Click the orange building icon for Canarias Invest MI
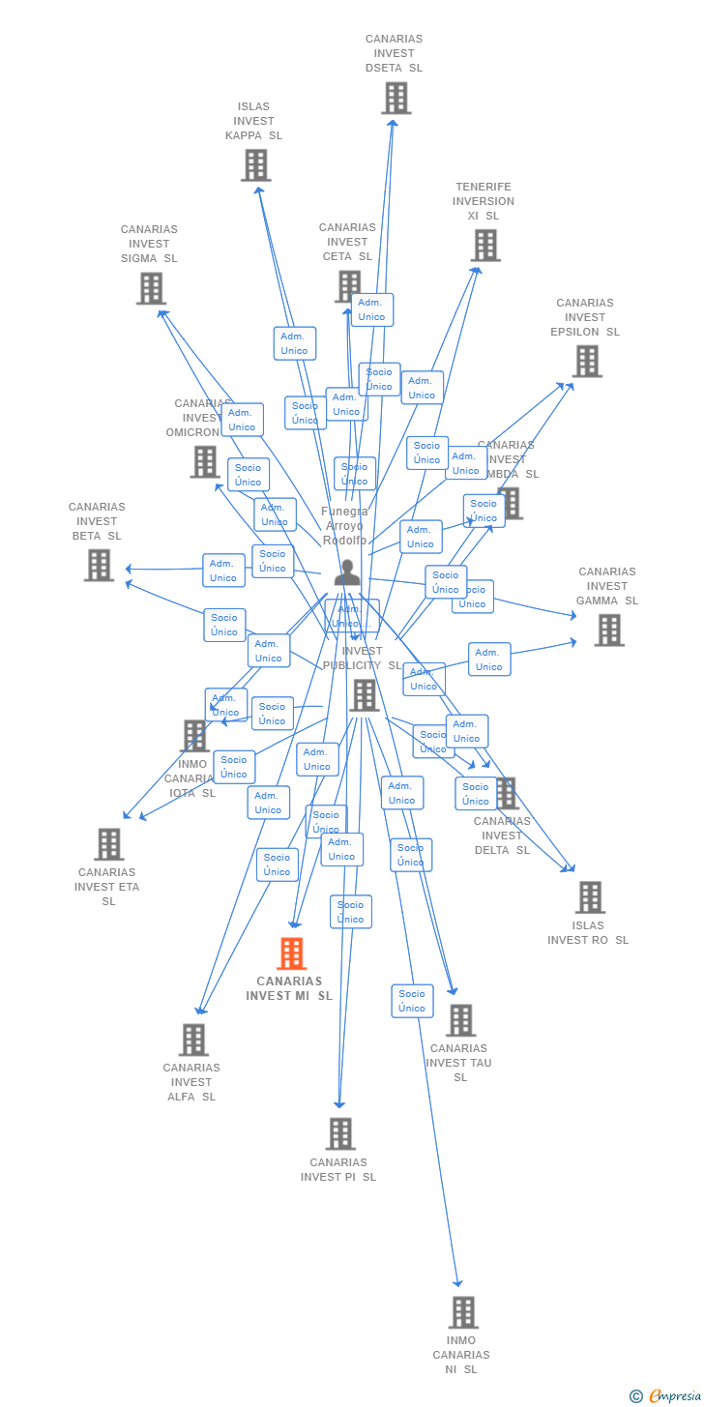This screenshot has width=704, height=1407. point(291,953)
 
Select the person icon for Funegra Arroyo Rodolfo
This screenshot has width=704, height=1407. point(347,572)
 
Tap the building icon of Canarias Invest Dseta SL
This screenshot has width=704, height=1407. point(396,98)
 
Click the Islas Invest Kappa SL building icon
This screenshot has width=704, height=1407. point(255,165)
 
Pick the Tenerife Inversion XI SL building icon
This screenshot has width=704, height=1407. point(485,246)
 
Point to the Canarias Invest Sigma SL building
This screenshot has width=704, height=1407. point(151,288)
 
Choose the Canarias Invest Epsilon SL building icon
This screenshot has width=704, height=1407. point(587,361)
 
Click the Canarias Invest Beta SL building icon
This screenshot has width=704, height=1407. point(99,565)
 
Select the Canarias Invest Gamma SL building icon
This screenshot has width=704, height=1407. point(608,630)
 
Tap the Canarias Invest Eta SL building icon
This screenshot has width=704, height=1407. point(108,844)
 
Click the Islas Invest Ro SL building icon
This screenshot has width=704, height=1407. point(590,897)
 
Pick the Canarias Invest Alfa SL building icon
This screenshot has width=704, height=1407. point(193,1040)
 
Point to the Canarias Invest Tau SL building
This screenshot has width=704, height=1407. point(460,1020)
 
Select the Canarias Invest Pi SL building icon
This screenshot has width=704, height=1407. point(340,1133)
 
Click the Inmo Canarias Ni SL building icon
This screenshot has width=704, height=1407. point(463,1312)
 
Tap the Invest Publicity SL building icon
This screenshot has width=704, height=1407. point(364,695)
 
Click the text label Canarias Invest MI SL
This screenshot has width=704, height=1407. point(289,988)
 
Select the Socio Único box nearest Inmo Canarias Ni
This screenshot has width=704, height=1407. point(412,1001)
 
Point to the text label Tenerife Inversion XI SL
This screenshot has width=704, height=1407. point(484,201)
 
